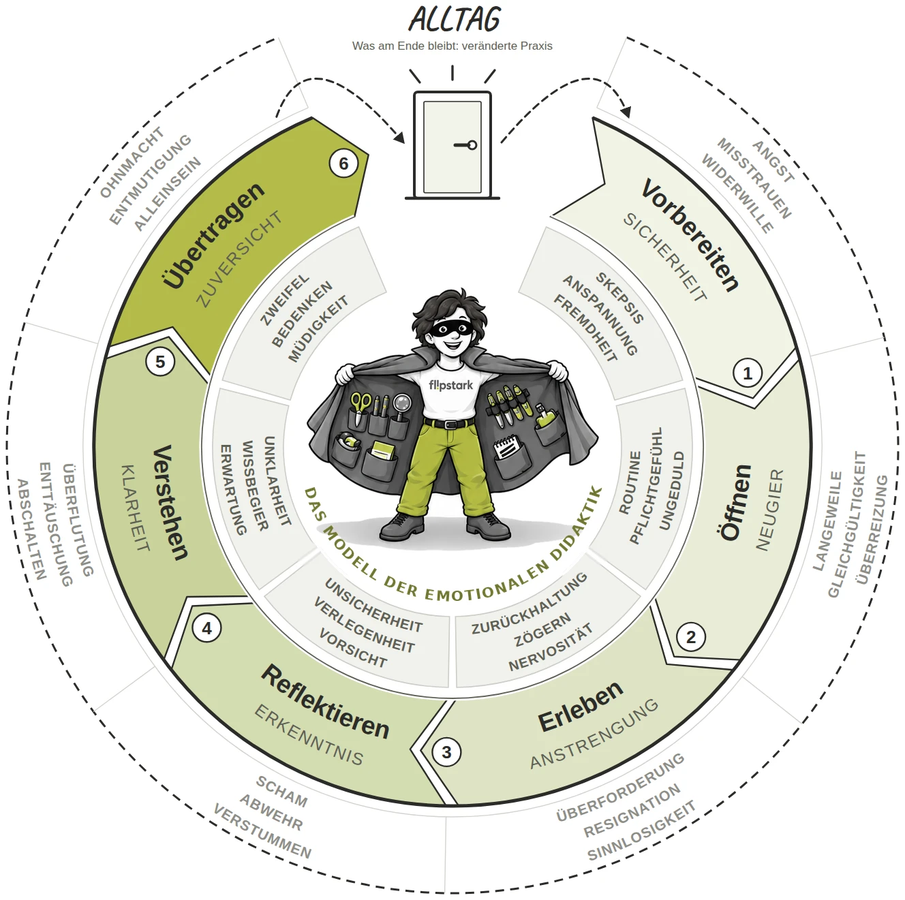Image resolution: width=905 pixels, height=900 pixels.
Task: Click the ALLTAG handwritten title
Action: click(454, 20)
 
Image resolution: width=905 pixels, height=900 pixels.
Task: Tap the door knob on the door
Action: click(472, 145)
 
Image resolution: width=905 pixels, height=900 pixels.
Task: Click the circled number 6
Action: click(343, 164)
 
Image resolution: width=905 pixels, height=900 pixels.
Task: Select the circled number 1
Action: click(747, 373)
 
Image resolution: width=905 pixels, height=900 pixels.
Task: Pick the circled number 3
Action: click(446, 752)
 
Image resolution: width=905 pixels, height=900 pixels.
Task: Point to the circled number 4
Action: click(206, 628)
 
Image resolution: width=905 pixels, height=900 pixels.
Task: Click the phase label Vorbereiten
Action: click(690, 235)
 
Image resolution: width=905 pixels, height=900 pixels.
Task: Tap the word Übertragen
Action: click(214, 235)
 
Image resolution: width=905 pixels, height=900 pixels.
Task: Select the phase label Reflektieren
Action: click(325, 702)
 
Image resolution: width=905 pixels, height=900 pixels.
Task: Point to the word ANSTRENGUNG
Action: click(594, 734)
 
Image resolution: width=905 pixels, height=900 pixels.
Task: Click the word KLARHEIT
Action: click(136, 508)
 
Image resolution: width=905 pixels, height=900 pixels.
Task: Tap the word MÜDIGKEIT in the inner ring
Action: click(318, 329)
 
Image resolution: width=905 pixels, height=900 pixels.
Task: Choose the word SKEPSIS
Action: click(619, 298)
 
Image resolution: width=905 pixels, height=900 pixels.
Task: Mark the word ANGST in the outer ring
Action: click(773, 161)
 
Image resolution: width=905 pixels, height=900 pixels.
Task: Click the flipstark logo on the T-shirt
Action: click(450, 385)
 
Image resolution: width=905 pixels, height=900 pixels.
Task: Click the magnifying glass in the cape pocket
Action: click(402, 405)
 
